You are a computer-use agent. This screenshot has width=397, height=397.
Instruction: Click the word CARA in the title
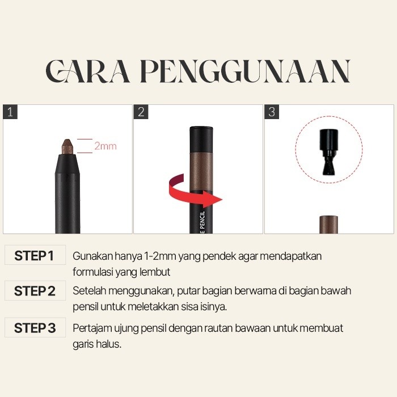tap(87, 71)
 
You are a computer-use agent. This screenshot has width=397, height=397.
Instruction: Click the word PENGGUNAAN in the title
tap(245, 71)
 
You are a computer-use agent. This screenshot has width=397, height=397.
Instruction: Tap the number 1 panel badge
tap(10, 112)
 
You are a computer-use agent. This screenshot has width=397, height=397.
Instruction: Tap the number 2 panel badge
tap(141, 112)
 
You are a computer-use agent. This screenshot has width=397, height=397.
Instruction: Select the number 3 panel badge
tap(272, 112)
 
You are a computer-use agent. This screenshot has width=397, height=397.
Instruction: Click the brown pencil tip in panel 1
tap(67, 146)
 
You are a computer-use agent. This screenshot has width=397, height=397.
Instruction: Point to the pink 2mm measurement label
tap(105, 146)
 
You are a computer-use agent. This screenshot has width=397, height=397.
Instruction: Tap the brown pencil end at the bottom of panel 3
tap(328, 225)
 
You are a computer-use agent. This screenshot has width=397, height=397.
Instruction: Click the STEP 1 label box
tap(35, 255)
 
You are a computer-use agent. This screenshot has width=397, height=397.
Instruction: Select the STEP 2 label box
tap(35, 290)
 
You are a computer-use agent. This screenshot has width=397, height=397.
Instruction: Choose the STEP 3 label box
tap(35, 328)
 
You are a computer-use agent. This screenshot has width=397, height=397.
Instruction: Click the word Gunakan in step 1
tap(92, 256)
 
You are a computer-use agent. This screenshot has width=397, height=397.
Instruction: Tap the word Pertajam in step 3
tap(92, 328)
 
